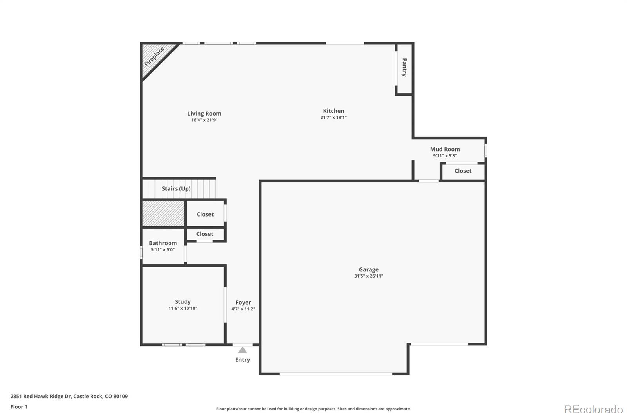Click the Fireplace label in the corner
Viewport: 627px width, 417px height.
pos(154,57)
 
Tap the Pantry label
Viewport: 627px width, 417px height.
pos(404,67)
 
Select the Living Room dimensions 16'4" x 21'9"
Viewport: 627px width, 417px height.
pos(204,120)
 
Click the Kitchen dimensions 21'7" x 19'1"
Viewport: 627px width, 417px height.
pos(333,117)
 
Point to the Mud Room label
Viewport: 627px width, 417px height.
pos(445,149)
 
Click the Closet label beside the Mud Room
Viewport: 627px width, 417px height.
pos(463,171)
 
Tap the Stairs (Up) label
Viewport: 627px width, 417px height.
pos(176,188)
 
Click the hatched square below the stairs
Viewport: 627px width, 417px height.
pos(163,213)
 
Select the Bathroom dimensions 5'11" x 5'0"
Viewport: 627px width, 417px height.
pos(163,249)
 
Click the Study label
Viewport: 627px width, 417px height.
pos(183,301)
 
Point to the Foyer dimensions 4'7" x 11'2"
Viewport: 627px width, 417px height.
pos(243,309)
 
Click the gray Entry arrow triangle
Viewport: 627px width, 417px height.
pos(243,350)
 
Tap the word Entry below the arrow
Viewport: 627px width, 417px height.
pos(242,360)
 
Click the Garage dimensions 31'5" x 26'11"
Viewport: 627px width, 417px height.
pos(368,276)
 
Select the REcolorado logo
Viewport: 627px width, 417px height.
pos(593,410)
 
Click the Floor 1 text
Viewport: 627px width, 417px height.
pos(19,407)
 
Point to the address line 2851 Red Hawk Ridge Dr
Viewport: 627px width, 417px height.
pos(69,396)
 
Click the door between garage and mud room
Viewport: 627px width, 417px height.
pos(428,181)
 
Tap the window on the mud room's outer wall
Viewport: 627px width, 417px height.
pos(486,151)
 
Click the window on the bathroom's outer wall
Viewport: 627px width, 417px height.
pos(141,252)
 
